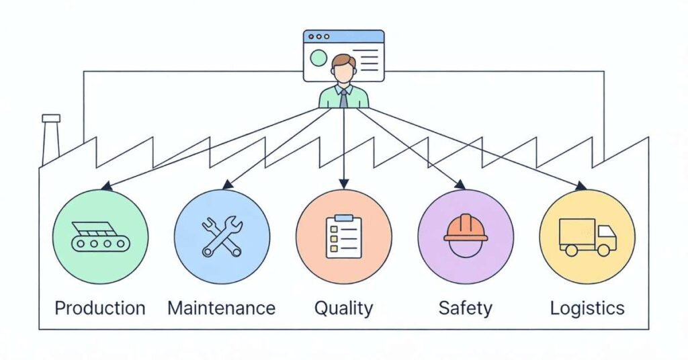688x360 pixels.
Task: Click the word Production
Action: pos(99,308)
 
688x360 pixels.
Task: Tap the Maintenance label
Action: pos(221,308)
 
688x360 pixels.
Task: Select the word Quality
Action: pos(343,308)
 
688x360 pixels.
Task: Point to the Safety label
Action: pos(465,308)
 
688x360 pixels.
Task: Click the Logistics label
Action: pos(587,308)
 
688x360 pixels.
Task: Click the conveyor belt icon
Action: pos(100,236)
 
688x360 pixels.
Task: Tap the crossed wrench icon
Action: pos(222,236)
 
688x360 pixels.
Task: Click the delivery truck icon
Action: pos(587,236)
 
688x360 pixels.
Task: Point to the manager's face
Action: pos(343,71)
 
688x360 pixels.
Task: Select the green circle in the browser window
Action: pos(318,58)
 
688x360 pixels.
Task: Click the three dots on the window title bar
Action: pos(317,36)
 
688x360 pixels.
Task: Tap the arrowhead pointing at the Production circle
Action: pos(105,186)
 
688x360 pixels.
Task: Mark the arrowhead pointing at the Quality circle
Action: pos(343,183)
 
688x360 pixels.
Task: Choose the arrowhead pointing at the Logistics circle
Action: pos(581,186)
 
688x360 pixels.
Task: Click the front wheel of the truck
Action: pos(603,250)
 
